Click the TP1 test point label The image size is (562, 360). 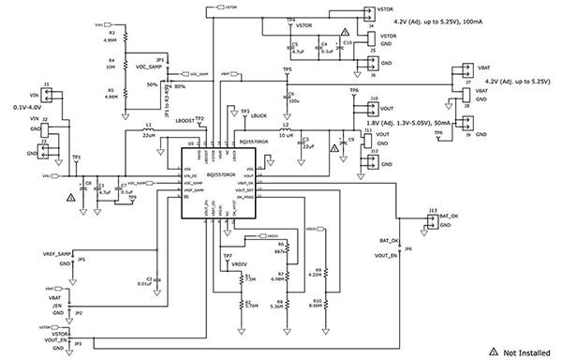pos(77,157)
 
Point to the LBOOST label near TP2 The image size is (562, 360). pos(184,120)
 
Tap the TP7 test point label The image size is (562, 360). pos(227,256)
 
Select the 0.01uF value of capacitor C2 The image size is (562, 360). pos(143,282)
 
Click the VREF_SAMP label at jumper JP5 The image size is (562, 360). pos(56,254)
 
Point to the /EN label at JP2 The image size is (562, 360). pos(57,306)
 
